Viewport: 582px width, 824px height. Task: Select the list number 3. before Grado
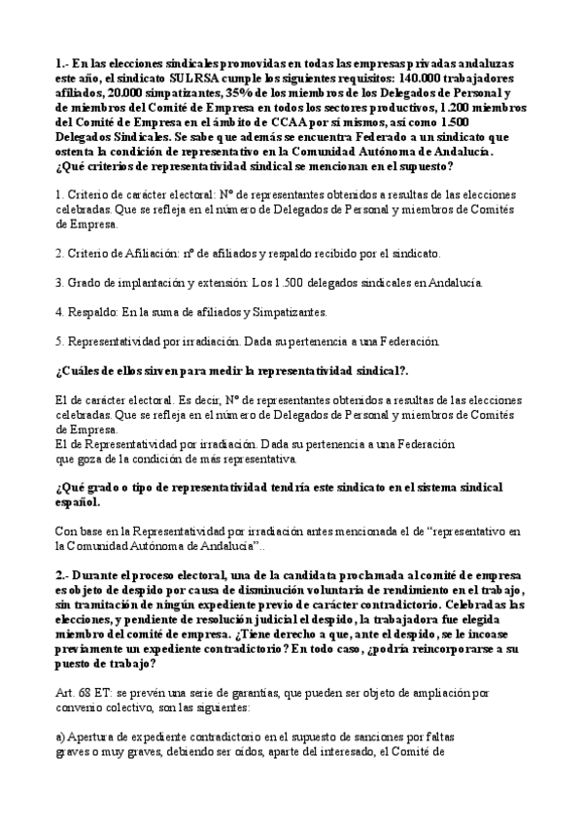[x=60, y=283]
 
